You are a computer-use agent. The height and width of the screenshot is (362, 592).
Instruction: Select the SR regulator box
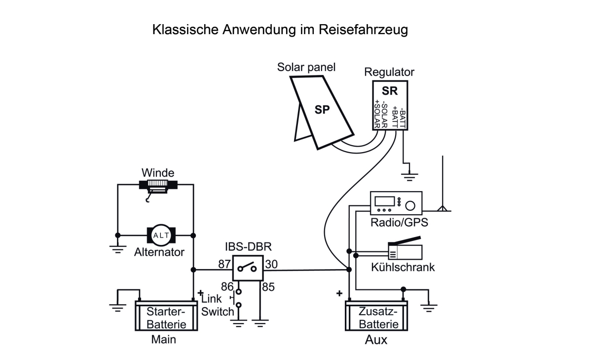(390, 105)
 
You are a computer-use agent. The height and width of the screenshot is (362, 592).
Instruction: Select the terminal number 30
(271, 265)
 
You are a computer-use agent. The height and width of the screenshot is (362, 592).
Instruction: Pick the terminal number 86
(226, 286)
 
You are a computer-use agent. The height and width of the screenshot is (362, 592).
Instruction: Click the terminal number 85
(268, 286)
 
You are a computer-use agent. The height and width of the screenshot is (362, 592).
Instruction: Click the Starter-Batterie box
(166, 318)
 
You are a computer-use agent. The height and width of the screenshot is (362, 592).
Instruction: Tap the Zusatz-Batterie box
(378, 318)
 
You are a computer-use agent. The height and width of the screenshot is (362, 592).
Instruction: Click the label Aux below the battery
(376, 341)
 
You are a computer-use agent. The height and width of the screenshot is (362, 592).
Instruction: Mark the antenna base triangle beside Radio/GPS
(443, 208)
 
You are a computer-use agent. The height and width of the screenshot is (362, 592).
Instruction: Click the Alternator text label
(159, 252)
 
